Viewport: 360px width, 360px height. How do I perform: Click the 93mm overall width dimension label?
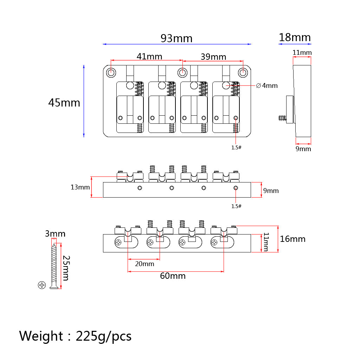click(x=176, y=38)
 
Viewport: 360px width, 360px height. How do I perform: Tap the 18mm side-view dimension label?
click(x=295, y=37)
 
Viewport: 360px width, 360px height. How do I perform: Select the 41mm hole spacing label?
click(x=149, y=56)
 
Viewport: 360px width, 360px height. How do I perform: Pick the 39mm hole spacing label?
click(x=213, y=57)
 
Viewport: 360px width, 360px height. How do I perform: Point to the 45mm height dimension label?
click(x=64, y=103)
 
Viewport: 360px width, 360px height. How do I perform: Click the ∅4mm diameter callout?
click(x=267, y=85)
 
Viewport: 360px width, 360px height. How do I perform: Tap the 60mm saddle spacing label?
click(x=173, y=276)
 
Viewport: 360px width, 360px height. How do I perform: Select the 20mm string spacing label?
click(x=144, y=264)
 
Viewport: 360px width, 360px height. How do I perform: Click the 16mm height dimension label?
click(x=292, y=239)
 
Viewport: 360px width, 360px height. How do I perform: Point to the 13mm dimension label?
click(x=80, y=187)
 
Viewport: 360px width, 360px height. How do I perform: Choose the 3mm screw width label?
click(x=55, y=234)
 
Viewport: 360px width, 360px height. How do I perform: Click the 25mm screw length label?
click(x=66, y=268)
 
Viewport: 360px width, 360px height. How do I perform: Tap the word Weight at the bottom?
click(x=41, y=336)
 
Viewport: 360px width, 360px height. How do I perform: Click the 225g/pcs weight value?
click(x=103, y=336)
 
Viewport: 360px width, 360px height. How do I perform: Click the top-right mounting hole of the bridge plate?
click(x=243, y=73)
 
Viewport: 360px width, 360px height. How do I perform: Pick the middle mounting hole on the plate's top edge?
click(x=182, y=73)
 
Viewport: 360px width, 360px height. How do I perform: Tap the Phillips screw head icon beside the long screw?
click(x=42, y=285)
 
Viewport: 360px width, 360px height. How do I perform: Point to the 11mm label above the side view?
click(x=302, y=53)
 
